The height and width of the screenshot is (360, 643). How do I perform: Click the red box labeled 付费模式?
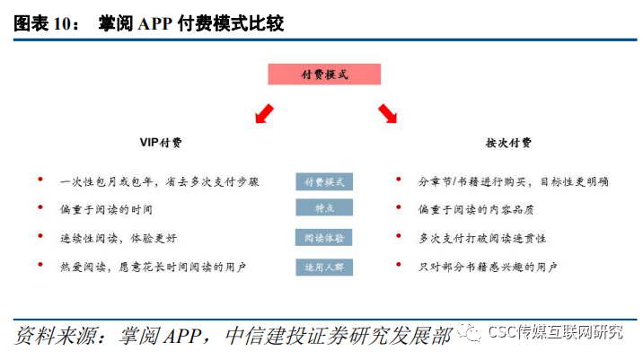[324, 75]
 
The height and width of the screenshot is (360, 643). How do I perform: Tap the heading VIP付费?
[161, 143]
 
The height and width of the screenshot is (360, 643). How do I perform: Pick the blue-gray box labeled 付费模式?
[324, 181]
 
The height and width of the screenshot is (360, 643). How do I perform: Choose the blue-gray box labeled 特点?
[324, 208]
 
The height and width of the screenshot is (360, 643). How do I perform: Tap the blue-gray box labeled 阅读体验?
[324, 238]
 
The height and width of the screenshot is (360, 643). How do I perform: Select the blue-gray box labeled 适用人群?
[324, 267]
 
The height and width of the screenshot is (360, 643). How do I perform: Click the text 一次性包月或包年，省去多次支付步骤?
[160, 181]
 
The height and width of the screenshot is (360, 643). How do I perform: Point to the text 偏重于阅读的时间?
[107, 209]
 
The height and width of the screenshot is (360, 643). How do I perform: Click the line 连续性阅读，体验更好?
[118, 238]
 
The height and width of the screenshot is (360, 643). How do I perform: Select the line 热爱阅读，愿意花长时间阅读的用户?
[153, 267]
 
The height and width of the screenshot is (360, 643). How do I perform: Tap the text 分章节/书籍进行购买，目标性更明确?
[514, 181]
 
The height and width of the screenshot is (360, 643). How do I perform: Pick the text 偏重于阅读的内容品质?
[476, 209]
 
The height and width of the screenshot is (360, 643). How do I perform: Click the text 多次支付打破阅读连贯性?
[481, 238]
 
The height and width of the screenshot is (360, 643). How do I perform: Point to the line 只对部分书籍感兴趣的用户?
[488, 267]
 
